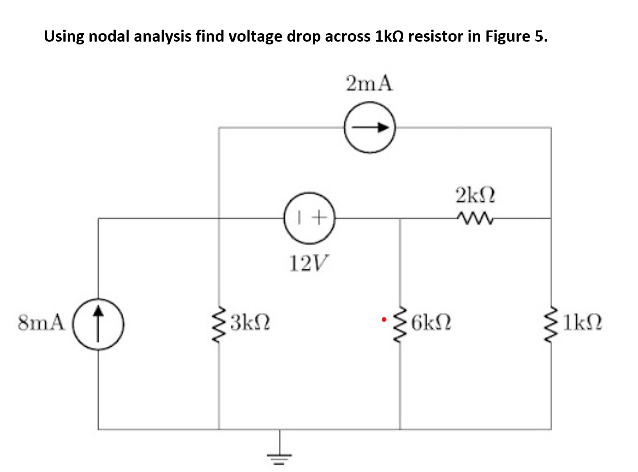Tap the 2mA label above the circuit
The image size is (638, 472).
pos(369,84)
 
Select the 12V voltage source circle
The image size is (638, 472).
pos(309,218)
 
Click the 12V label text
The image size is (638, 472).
pos(308,263)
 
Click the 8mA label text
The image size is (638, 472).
pos(41,322)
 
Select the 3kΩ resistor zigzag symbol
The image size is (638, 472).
pos(219,323)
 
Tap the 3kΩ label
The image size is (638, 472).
pos(250,322)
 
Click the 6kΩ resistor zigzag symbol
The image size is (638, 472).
pos(400,323)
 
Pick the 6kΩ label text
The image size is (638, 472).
pos(431,322)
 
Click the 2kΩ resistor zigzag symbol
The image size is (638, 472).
pos(475,218)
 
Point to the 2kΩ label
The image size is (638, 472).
pos(475,196)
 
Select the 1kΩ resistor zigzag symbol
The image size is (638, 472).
pos(551,323)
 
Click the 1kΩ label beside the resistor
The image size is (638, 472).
pos(582,322)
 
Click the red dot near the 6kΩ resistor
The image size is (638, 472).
pos(384,319)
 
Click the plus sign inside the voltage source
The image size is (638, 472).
pos(318,218)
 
